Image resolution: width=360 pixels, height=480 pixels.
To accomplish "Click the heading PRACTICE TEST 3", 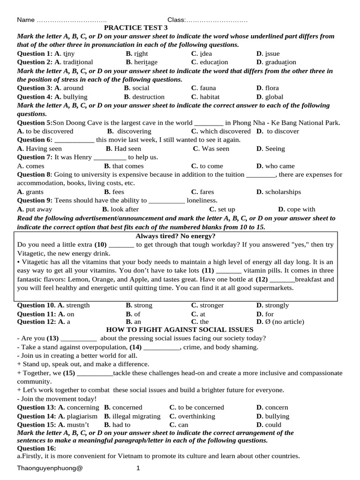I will (135, 28).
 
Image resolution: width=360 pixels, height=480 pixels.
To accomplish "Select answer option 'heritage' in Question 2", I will (145, 62).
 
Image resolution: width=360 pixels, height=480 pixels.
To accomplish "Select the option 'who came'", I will (280, 166).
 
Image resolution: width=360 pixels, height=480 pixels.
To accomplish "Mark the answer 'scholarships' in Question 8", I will (283, 192).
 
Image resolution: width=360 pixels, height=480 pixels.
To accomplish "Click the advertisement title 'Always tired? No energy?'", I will (175, 236).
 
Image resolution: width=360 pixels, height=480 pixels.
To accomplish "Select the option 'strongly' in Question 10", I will (277, 305).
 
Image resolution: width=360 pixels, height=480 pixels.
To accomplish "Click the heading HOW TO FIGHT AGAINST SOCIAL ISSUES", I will (180, 330).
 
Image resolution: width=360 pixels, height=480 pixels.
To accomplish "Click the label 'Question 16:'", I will (35, 448).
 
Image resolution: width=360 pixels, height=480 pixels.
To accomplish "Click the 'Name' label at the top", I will (26, 20).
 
